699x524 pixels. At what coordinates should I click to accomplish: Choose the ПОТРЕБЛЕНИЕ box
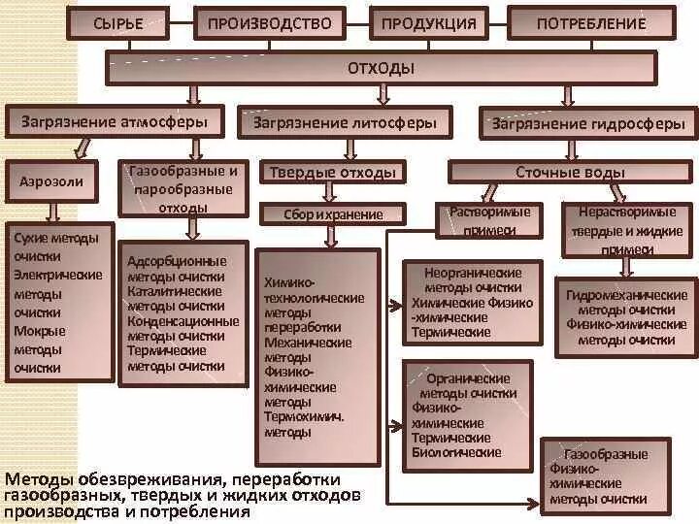[591, 23]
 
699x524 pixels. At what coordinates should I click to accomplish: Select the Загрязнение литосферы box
[351, 123]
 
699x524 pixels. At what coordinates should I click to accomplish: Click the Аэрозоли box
[51, 180]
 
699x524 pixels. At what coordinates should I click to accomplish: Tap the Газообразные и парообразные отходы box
[183, 188]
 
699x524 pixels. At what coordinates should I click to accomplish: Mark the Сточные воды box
[570, 173]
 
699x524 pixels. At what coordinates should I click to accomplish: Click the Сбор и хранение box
[333, 214]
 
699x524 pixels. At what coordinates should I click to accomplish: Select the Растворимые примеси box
[489, 220]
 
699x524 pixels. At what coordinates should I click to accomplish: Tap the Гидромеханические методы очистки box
[626, 317]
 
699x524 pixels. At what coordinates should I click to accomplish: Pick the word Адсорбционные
[177, 261]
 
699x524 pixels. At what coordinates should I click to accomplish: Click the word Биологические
[457, 452]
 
